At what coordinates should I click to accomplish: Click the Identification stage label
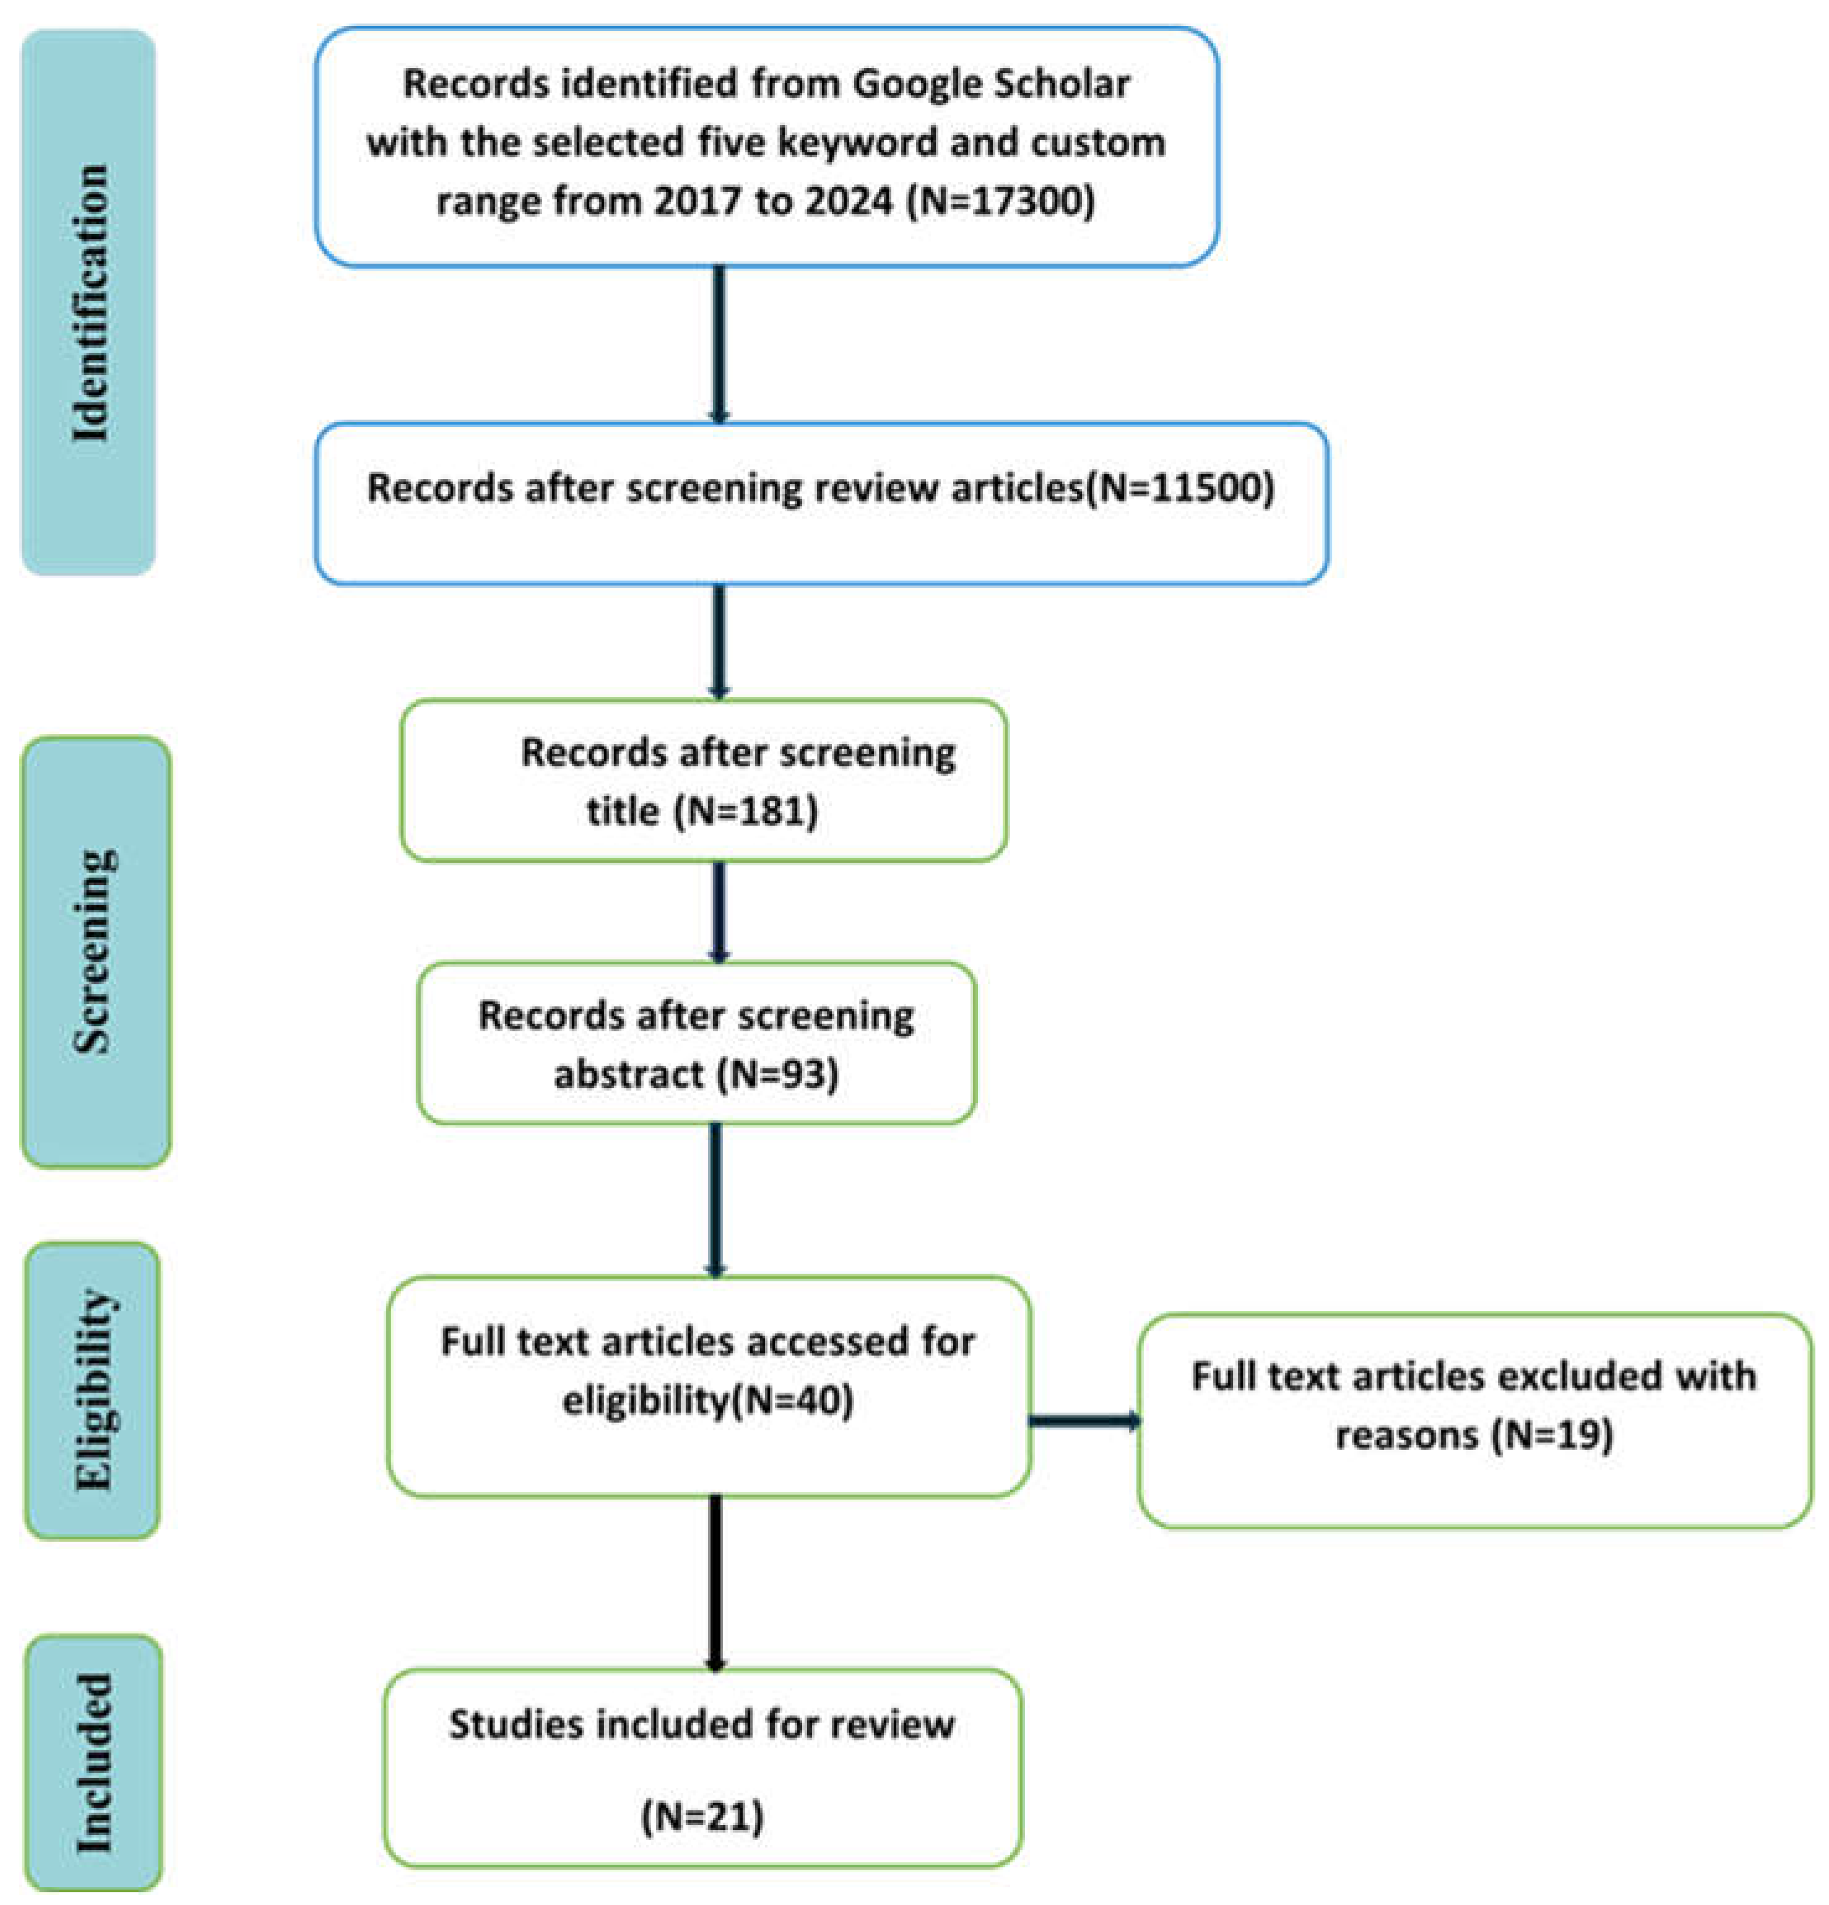click(89, 302)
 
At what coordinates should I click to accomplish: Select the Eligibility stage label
click(93, 1390)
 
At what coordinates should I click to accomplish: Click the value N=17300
click(1000, 201)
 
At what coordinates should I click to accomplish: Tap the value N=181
click(745, 810)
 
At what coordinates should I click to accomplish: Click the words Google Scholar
click(992, 85)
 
